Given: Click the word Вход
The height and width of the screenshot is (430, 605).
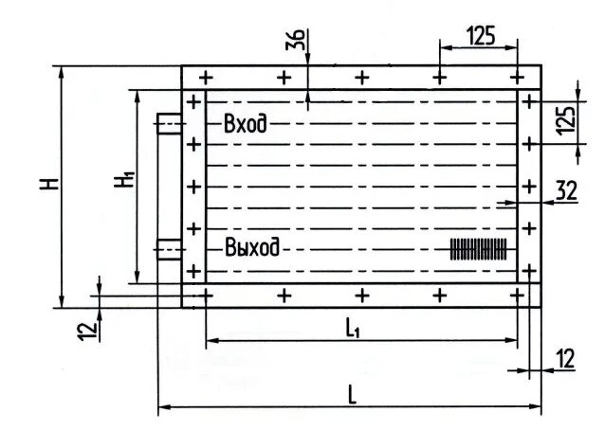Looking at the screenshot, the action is coord(245,123).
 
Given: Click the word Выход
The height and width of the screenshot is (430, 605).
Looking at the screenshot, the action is coord(252,248).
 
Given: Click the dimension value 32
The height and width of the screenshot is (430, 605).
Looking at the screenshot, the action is coord(566,190).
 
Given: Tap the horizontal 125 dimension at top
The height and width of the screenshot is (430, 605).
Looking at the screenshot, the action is coord(481,36).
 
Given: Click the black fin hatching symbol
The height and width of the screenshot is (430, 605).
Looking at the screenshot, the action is coord(479,248).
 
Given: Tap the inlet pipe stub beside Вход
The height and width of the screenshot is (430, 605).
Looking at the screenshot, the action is coord(169,124).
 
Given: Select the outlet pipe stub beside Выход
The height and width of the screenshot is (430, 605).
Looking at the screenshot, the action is coord(169,249).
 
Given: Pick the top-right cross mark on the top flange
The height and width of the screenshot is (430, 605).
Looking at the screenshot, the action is coord(517,77).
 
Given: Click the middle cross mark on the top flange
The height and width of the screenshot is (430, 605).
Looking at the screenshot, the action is coord(361,77).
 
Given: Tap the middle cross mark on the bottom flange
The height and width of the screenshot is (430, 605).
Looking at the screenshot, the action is coord(361,296).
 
